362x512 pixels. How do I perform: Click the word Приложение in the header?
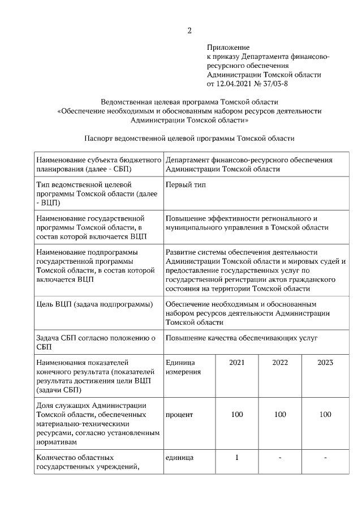point(228,48)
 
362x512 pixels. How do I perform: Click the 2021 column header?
point(237,362)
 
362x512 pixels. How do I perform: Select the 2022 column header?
point(281,362)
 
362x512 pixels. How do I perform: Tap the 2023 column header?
point(325,362)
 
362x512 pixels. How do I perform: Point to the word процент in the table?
point(179,415)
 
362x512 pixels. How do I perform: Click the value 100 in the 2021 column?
point(237,415)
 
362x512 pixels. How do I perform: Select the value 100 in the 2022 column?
point(281,415)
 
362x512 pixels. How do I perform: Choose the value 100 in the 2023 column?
point(325,415)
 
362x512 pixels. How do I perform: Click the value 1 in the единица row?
point(237,457)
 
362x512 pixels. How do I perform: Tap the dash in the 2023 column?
point(325,457)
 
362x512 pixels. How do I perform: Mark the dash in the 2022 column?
point(281,457)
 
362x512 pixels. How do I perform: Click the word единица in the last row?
point(179,457)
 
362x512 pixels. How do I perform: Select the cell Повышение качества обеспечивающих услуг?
point(242,338)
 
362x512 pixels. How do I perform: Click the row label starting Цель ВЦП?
point(94,304)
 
